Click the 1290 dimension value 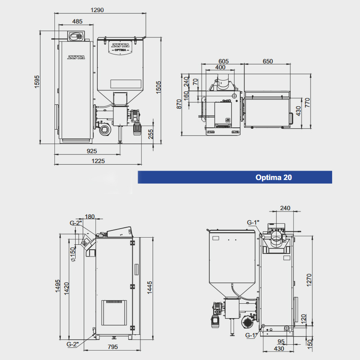pos(97,10)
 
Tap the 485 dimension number pos(77,21)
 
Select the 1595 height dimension pos(37,81)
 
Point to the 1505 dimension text pos(158,87)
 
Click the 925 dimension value pos(92,151)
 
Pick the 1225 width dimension pos(98,161)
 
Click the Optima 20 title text pos(274,177)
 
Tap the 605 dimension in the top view pos(223,61)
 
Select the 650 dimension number pos(268,61)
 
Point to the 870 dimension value pos(179,104)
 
